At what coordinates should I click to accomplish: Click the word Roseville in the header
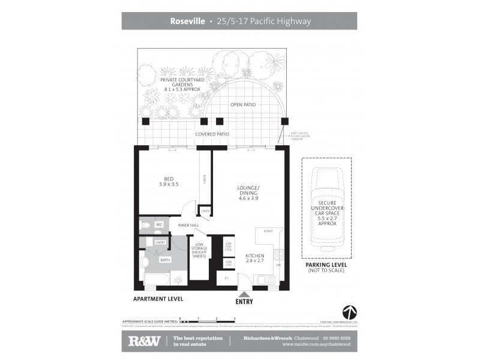(x=188, y=22)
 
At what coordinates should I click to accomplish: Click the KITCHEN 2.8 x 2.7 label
(x=254, y=259)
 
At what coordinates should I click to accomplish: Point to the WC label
(x=159, y=224)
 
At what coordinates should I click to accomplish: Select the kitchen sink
(x=265, y=280)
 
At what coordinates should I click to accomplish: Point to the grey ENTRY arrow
(x=244, y=293)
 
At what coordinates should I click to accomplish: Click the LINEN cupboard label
(x=205, y=211)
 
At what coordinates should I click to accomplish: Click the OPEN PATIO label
(x=243, y=104)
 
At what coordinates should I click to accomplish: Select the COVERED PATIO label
(x=212, y=134)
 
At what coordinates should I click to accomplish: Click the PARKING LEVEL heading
(x=326, y=264)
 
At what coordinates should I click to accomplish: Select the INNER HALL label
(x=188, y=225)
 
